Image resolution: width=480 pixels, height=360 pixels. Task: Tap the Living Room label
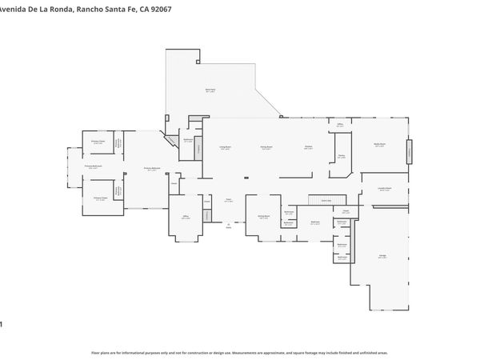(226, 148)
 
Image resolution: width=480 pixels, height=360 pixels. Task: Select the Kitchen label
(308, 147)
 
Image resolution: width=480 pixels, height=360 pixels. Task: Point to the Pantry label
(341, 157)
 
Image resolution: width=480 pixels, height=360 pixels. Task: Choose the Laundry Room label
(385, 190)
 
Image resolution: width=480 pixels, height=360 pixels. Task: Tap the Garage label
(382, 256)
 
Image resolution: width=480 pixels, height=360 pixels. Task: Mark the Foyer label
(228, 201)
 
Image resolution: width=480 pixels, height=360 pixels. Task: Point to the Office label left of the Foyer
(185, 217)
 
